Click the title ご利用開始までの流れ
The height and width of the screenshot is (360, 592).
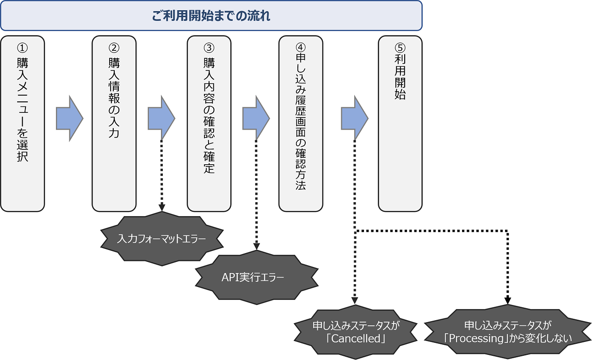tap(211, 16)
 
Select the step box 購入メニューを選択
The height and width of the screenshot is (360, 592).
tap(22, 124)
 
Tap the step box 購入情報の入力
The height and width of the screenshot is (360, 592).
tap(114, 124)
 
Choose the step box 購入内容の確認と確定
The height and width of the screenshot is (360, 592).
tap(209, 124)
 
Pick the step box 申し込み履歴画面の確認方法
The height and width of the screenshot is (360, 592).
tap(301, 124)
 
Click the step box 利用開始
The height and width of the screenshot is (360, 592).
tap(400, 124)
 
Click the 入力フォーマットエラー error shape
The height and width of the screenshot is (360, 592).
tap(161, 239)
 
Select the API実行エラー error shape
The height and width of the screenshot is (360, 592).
tap(256, 278)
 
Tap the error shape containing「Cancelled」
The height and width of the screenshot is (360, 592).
tap(355, 332)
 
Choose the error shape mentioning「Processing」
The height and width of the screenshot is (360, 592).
tap(507, 332)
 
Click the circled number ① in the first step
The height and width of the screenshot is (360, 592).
tap(22, 48)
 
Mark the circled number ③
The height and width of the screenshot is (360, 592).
tap(209, 48)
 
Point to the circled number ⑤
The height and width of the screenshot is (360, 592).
tap(400, 48)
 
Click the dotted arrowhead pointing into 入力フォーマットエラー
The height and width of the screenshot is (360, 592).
tap(161, 208)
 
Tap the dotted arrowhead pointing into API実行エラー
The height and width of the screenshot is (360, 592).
tap(256, 247)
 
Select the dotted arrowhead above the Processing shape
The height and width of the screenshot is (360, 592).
tap(507, 300)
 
